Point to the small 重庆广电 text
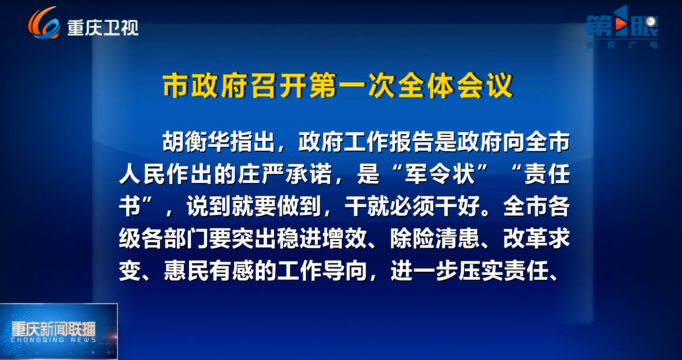point(622,46)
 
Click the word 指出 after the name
point(252,142)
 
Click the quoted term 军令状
point(440,174)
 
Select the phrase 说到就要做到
point(254,206)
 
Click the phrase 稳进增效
point(322,239)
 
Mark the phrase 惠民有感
point(209,271)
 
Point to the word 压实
point(481,271)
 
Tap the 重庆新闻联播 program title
point(54,329)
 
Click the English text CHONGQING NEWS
point(54,340)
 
